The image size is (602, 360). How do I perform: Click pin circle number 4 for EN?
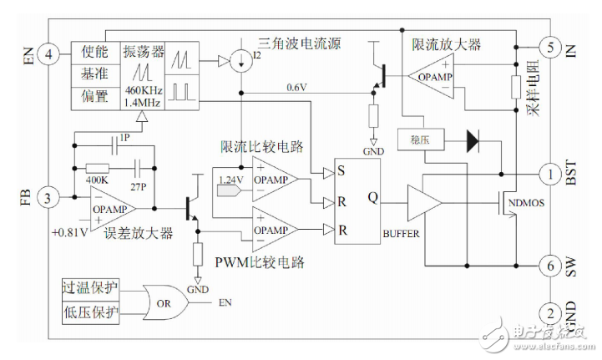(x=49, y=55)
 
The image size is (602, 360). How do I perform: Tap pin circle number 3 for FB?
(x=49, y=198)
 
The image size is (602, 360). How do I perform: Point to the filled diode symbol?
(x=474, y=139)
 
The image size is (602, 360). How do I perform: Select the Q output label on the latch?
(x=373, y=199)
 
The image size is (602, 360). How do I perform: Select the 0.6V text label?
(x=296, y=87)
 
